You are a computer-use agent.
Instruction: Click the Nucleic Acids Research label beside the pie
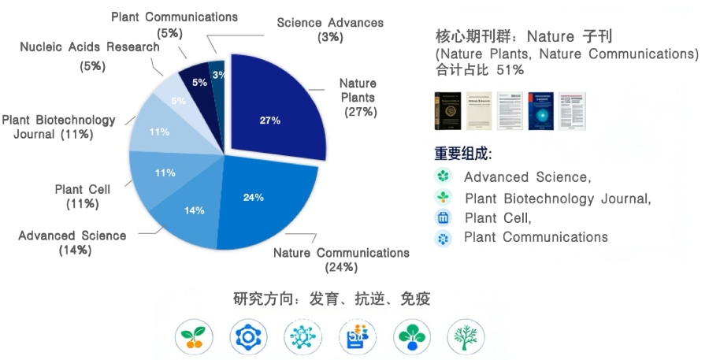pos(90,47)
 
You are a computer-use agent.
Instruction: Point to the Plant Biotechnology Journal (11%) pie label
pos(58,127)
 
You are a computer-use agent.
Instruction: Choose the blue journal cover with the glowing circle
pos(540,110)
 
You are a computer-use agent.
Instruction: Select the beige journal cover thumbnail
pos(479,110)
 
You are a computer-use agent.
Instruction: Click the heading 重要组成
pos(463,154)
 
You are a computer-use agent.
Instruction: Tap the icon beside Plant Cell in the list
pos(443,218)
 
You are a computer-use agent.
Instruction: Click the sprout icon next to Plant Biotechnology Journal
pos(443,197)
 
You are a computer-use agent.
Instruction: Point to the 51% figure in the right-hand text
pos(510,70)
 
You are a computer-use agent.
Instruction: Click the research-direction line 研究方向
pos(332,299)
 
